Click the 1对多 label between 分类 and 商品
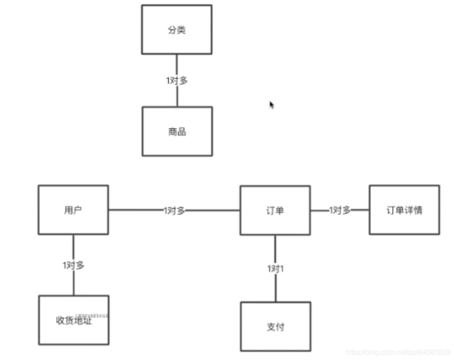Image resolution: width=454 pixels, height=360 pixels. [177, 80]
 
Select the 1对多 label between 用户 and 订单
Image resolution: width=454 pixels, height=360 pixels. [174, 210]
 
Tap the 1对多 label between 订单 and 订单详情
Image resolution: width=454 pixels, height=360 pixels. [340, 210]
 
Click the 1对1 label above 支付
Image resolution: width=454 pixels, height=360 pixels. [275, 269]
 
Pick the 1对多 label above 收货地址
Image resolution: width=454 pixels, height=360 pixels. [74, 265]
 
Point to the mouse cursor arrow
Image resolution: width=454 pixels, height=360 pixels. [271, 105]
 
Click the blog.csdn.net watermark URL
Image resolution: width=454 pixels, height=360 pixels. [398, 352]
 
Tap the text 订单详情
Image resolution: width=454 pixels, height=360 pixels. [404, 210]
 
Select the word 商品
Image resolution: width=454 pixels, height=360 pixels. [177, 132]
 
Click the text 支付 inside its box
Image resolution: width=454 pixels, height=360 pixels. [275, 327]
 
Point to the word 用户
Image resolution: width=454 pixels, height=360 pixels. [73, 210]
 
